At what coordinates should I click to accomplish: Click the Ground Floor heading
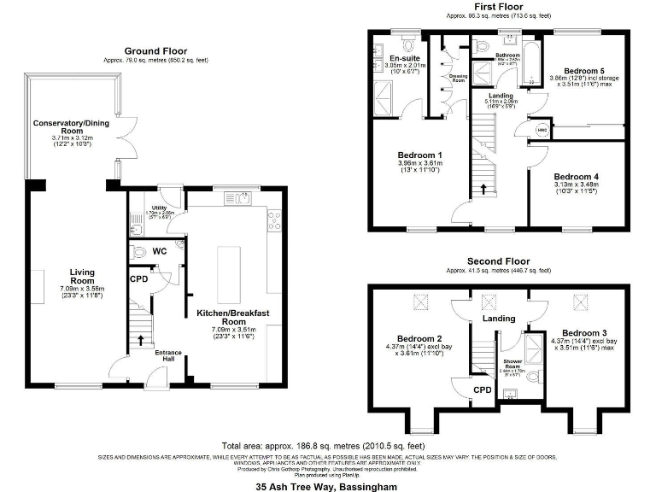coord(155,51)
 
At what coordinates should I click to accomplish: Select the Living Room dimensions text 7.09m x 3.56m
coord(82,290)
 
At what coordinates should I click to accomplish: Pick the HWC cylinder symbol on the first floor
coord(542,130)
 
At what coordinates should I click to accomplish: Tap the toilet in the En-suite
coord(407,44)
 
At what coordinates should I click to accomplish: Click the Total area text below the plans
coord(322,446)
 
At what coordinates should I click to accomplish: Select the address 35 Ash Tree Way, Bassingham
coord(328,484)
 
